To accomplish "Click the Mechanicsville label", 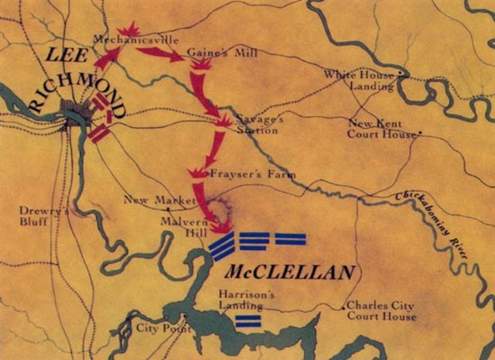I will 123,39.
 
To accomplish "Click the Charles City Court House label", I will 381,311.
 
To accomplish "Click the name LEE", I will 66,54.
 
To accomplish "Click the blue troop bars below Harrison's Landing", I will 247,321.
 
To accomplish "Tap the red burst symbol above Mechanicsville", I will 128,29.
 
